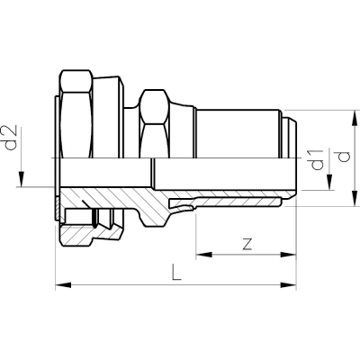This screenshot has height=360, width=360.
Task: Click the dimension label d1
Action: pyautogui.click(x=318, y=159)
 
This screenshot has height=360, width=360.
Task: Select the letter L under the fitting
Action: pyautogui.click(x=176, y=272)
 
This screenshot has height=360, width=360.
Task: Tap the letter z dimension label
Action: pyautogui.click(x=247, y=245)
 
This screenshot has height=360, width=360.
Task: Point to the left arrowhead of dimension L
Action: pyautogui.click(x=63, y=284)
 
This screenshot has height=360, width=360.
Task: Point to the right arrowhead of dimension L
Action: pyautogui.click(x=288, y=284)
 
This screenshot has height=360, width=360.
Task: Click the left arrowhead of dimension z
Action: pyautogui.click(x=203, y=255)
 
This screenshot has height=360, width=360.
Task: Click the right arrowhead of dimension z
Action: pyautogui.click(x=288, y=255)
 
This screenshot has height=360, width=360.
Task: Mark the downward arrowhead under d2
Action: pyautogui.click(x=22, y=179)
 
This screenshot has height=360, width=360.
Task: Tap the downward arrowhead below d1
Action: pyautogui.click(x=329, y=182)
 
